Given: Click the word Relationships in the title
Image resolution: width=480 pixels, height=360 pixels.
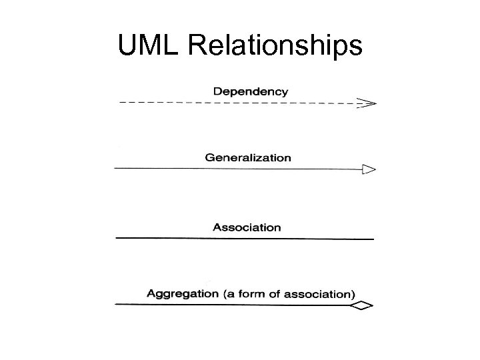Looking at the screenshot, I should pyautogui.click(x=273, y=46).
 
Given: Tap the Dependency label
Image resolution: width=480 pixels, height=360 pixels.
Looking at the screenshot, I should pyautogui.click(x=251, y=91).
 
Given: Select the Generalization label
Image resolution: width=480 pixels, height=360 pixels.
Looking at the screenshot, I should pyautogui.click(x=248, y=158).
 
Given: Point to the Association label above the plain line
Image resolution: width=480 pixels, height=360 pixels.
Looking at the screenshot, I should pyautogui.click(x=247, y=227).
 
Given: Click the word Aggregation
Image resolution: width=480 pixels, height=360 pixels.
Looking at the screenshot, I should pyautogui.click(x=182, y=293).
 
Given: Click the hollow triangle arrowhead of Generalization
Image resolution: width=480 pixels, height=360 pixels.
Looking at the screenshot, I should pyautogui.click(x=369, y=169).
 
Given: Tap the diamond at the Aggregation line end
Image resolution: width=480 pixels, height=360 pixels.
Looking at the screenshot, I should pyautogui.click(x=362, y=305).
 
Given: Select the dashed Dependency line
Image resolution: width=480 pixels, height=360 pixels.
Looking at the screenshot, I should pyautogui.click(x=233, y=103).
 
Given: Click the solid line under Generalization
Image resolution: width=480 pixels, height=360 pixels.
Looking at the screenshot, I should pyautogui.click(x=233, y=169).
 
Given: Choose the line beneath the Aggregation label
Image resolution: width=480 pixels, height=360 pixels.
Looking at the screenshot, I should pyautogui.click(x=233, y=305).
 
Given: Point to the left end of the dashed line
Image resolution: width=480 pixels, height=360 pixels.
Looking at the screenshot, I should pyautogui.click(x=121, y=103).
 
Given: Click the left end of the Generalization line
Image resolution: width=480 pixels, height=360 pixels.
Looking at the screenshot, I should pyautogui.click(x=117, y=169).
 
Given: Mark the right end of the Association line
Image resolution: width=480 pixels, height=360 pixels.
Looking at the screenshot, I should pyautogui.click(x=372, y=239).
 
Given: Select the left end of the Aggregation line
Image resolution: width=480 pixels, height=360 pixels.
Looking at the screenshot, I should pyautogui.click(x=117, y=304).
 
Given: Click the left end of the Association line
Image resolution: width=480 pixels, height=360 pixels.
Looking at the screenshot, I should pyautogui.click(x=118, y=237).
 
